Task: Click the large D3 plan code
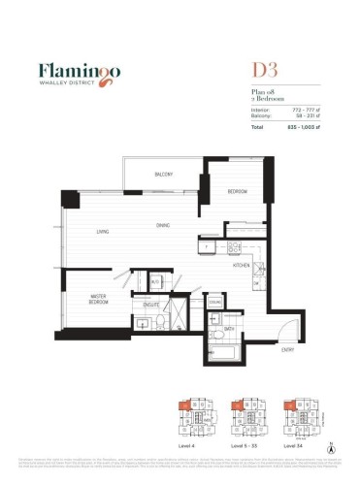[241, 71]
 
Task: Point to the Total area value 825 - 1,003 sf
[300, 127]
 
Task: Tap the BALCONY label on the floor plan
[163, 175]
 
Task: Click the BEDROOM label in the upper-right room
[238, 192]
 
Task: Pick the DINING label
[163, 227]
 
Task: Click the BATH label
[229, 329]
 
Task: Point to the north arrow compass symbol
[331, 449]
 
